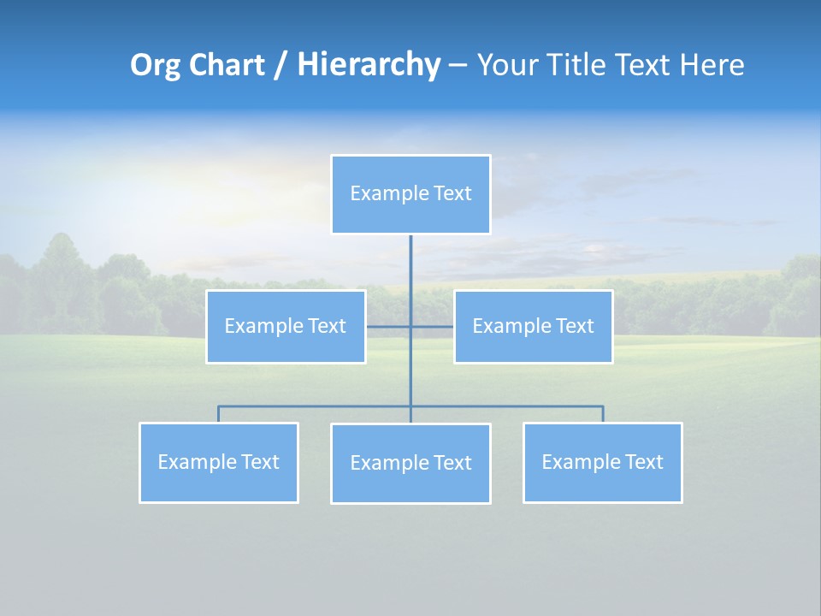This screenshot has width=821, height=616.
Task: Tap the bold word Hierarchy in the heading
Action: pyautogui.click(x=368, y=65)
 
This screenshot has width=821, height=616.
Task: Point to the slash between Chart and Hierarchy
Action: pyautogui.click(x=281, y=65)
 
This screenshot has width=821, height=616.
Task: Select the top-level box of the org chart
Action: pyautogui.click(x=410, y=194)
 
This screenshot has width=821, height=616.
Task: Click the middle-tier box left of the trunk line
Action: pyautogui.click(x=286, y=327)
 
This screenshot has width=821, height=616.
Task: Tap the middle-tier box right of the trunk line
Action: pyautogui.click(x=533, y=327)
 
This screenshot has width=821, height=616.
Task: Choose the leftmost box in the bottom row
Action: pyautogui.click(x=219, y=463)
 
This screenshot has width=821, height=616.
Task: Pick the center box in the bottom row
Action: pyautogui.click(x=410, y=464)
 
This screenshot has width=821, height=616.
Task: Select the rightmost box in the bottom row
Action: pyautogui.click(x=602, y=463)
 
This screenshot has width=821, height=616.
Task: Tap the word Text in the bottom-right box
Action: pyautogui.click(x=644, y=463)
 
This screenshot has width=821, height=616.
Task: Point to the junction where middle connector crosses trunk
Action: pyautogui.click(x=410, y=327)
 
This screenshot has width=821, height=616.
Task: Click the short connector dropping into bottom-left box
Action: pyautogui.click(x=219, y=414)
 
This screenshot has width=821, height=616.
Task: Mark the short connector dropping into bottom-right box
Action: pyautogui.click(x=603, y=414)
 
